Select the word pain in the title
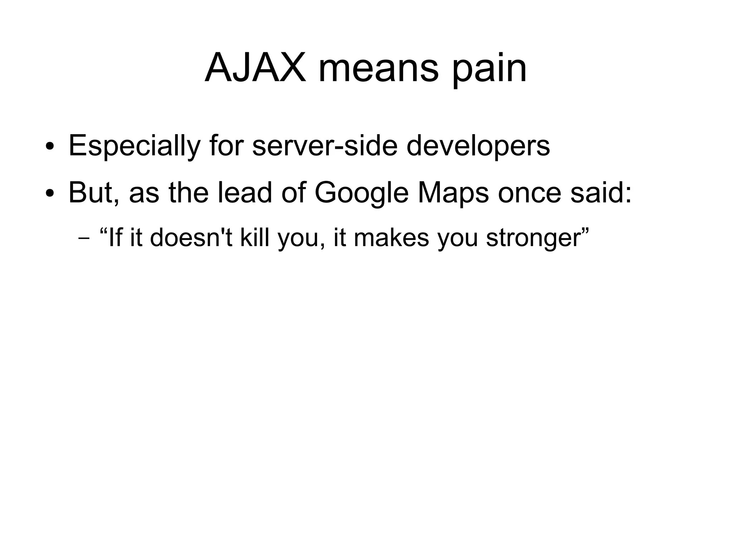tap(489, 70)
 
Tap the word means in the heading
tap(378, 68)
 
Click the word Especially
tap(134, 146)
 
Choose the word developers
tap(478, 146)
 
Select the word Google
tap(361, 193)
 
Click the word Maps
tap(453, 193)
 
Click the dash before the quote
tap(83, 239)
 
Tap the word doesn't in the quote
tap(191, 237)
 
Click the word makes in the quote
tap(391, 237)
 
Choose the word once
tap(529, 193)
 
